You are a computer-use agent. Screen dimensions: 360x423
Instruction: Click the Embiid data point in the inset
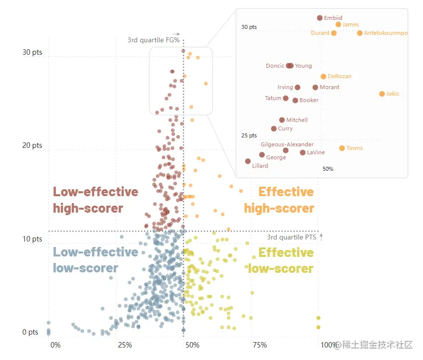(319, 18)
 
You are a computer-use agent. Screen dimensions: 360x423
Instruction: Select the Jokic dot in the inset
(382, 94)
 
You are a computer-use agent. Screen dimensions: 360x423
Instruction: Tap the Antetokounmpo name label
(386, 33)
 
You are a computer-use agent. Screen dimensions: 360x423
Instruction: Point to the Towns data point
(342, 148)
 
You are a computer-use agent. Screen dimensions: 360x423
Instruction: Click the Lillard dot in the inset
(248, 161)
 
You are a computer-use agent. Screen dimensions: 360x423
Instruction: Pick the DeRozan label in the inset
(339, 76)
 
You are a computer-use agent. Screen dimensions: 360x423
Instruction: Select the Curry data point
(274, 128)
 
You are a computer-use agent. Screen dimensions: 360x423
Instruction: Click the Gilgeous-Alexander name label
(287, 144)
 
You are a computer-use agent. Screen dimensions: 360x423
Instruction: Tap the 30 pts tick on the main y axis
(33, 52)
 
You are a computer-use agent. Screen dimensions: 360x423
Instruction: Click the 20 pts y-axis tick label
(33, 145)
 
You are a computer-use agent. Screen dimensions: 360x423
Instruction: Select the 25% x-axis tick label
(124, 345)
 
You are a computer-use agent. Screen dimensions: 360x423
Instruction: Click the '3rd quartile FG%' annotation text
(153, 40)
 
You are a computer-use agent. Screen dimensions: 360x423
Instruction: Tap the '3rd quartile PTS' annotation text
(292, 237)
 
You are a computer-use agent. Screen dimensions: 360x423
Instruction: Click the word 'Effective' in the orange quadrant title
(286, 192)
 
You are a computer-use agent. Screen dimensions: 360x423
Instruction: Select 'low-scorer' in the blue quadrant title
(86, 268)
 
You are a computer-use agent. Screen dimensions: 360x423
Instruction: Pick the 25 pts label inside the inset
(249, 135)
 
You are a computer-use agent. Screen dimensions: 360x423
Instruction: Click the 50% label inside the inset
(328, 169)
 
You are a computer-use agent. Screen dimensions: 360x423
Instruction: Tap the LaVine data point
(303, 152)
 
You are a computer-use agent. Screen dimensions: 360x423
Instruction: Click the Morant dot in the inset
(315, 87)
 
